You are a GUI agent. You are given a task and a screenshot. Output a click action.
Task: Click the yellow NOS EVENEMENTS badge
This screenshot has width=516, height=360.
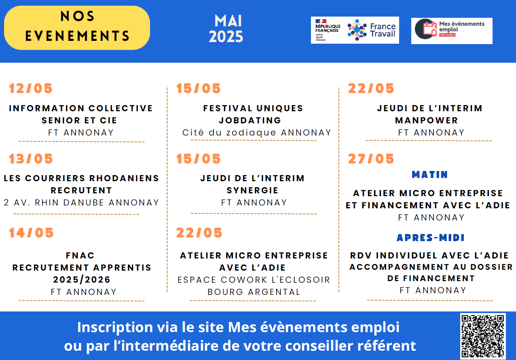click(77, 28)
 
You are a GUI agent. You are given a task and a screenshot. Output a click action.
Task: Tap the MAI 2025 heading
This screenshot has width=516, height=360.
click(226, 29)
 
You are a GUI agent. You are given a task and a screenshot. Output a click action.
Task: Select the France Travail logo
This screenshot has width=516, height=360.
click(355, 30)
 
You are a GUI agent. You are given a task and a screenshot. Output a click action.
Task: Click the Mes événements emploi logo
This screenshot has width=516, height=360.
click(452, 31)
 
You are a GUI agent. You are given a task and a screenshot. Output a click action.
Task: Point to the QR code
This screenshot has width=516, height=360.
click(483, 336)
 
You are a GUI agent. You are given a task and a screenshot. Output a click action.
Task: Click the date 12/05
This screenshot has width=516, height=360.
click(31, 89)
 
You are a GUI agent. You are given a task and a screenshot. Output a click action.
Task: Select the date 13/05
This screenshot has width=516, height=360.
click(31, 159)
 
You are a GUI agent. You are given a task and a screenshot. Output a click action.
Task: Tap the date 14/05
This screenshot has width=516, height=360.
click(31, 233)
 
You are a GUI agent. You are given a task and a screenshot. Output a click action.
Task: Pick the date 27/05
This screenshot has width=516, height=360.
click(371, 159)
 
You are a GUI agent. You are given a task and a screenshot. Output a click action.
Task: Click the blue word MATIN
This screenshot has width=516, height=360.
click(430, 175)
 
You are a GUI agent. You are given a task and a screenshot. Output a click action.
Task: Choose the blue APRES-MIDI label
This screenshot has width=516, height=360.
click(431, 237)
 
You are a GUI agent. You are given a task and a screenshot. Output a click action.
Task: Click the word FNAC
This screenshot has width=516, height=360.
click(80, 255)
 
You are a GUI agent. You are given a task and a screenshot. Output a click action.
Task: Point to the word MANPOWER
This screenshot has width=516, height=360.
click(426, 120)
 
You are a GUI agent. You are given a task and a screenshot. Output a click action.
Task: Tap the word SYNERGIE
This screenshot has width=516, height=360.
click(253, 191)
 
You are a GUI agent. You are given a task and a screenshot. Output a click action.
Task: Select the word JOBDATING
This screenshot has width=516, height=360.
click(250, 120)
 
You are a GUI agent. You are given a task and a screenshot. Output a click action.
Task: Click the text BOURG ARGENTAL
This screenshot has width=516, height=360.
click(254, 292)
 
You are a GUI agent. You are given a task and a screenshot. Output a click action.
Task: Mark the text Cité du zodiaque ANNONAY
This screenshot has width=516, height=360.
click(257, 133)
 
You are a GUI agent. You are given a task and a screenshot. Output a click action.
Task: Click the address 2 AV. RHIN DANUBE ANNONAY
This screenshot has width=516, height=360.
click(81, 203)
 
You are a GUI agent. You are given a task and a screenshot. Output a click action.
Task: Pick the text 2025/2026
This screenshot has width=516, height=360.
click(82, 280)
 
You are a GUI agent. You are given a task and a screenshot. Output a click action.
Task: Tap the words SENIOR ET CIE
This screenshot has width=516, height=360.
click(79, 120)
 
